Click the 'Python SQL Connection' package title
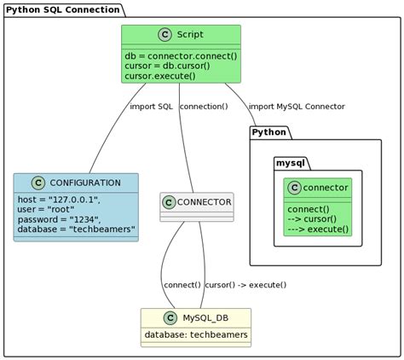[64, 9]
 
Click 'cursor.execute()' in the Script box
[159, 76]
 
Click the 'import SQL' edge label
[151, 107]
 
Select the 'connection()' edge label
[204, 107]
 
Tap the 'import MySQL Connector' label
[297, 107]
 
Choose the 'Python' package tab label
[269, 133]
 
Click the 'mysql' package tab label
[292, 162]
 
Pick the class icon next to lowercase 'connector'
[294, 188]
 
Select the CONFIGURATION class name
[84, 183]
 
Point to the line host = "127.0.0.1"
[59, 200]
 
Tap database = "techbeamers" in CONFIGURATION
[75, 230]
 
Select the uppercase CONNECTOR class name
[204, 202]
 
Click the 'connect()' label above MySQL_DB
[182, 285]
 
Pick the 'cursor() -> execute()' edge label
[245, 285]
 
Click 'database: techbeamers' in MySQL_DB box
[196, 334]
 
